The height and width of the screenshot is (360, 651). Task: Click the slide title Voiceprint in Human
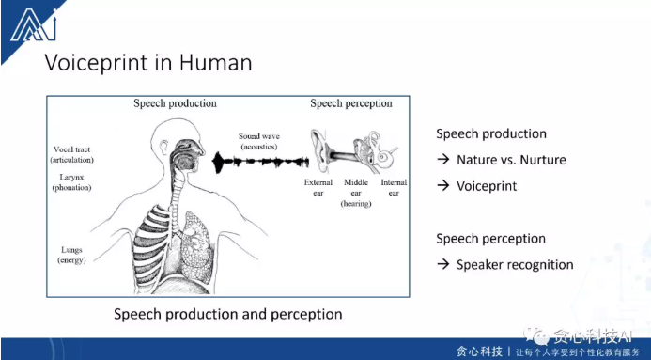click(x=148, y=63)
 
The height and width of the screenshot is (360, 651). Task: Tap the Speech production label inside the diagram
click(x=175, y=103)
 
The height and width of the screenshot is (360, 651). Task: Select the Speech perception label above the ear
click(x=350, y=103)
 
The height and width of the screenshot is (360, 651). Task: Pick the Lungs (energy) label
click(x=71, y=255)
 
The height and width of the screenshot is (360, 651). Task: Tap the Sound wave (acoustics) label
click(x=259, y=141)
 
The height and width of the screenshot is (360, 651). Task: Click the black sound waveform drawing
click(x=257, y=164)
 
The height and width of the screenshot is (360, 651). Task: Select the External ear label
click(x=318, y=187)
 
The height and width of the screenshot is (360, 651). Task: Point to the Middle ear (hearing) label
click(x=356, y=192)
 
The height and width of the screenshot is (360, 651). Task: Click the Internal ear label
click(x=393, y=187)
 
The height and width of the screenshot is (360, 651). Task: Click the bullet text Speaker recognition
click(x=515, y=264)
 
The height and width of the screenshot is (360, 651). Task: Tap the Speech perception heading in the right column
click(x=490, y=239)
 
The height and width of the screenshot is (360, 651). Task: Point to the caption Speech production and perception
click(x=227, y=313)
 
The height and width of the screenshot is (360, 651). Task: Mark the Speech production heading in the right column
click(x=490, y=133)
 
